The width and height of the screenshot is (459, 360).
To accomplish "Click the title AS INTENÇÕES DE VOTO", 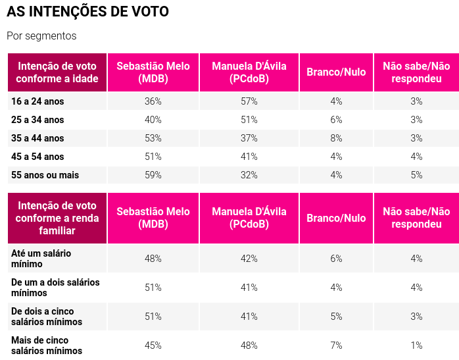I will click(87, 12).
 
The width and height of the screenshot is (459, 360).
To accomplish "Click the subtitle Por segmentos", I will click(41, 36).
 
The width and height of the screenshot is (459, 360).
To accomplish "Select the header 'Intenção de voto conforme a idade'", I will click(58, 72).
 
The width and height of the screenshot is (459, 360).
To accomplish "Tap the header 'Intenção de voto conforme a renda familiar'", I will click(58, 219).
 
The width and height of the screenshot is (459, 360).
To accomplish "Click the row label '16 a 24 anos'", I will click(38, 101).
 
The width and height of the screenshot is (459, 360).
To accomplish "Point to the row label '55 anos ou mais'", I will click(45, 175).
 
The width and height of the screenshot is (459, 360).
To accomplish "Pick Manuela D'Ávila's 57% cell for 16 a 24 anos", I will click(249, 101).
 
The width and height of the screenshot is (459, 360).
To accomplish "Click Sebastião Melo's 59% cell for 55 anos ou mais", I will click(153, 175).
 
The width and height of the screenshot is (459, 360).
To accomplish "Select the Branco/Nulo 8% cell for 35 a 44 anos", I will click(336, 138).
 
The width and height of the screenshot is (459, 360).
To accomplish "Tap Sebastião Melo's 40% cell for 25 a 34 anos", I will click(153, 120).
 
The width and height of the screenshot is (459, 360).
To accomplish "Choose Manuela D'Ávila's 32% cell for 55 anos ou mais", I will click(249, 175).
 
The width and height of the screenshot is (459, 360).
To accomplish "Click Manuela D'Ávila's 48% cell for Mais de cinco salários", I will click(249, 346).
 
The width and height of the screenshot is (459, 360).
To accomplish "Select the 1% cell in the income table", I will click(416, 346).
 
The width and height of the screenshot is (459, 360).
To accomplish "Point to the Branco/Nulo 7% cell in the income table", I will click(336, 346).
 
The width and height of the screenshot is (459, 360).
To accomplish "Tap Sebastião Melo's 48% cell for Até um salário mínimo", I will click(153, 259).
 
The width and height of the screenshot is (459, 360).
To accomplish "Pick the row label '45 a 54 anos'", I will click(38, 157).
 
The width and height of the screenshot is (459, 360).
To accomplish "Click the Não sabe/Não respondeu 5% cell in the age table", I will click(416, 175).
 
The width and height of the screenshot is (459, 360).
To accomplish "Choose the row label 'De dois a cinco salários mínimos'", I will click(47, 317).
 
